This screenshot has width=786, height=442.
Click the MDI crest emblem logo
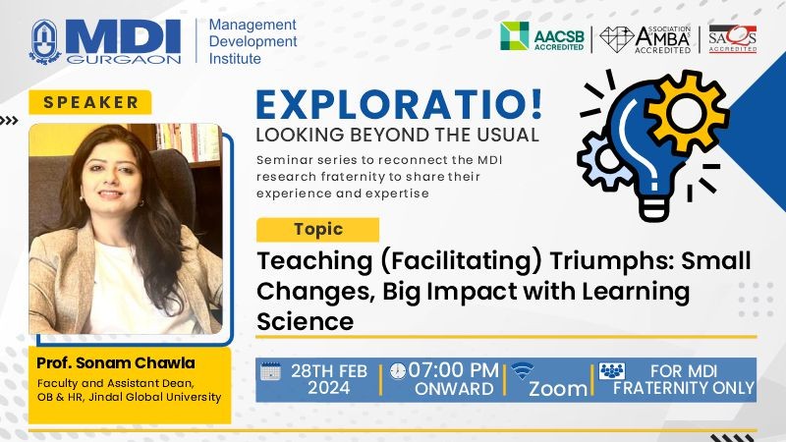tap(45, 42)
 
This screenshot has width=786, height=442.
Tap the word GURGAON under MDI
tap(124, 60)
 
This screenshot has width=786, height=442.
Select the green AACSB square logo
tap(514, 35)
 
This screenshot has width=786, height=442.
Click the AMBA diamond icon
tap(616, 39)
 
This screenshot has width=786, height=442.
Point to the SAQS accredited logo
tap(732, 38)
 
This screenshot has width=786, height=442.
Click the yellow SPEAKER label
tap(90, 102)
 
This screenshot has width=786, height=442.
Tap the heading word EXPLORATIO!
tap(399, 104)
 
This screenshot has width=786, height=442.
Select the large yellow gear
tap(686, 110)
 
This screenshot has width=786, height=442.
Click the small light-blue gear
tap(601, 160)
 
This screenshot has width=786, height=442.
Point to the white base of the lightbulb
tap(654, 207)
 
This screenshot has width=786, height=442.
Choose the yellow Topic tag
tap(317, 230)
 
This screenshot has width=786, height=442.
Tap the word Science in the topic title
tap(306, 321)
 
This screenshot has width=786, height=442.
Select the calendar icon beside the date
tap(271, 371)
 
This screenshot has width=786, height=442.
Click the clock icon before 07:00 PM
tap(398, 371)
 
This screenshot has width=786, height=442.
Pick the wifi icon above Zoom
tap(523, 371)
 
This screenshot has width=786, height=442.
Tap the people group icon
tap(612, 371)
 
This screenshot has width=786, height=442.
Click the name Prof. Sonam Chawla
tap(116, 362)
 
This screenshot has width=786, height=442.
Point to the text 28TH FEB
tap(329, 371)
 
